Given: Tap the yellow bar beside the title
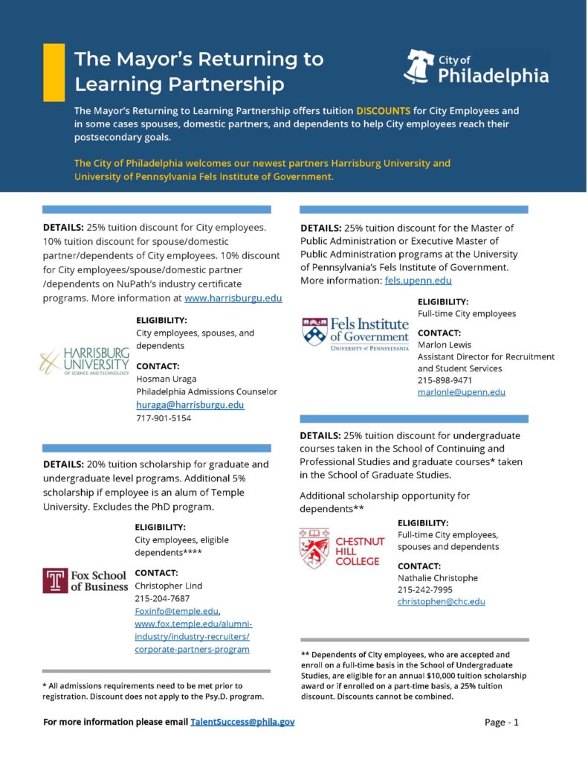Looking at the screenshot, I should (x=54, y=72).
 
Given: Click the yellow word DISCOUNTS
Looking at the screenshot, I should (x=383, y=110).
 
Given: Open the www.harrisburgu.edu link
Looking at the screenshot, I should (x=233, y=298).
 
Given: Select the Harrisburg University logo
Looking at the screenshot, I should (x=84, y=362).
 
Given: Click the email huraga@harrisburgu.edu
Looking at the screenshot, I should (x=190, y=405).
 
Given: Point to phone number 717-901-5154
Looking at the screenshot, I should (x=164, y=418).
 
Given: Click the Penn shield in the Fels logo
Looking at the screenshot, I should (x=314, y=332).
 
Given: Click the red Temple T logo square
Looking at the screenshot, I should (x=54, y=580).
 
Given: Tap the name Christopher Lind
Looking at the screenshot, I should (x=167, y=586).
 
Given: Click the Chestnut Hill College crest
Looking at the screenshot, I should (x=313, y=548).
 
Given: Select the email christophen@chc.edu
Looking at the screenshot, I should (x=441, y=601).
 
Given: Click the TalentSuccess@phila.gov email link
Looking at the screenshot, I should (x=242, y=722).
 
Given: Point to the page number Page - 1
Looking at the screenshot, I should (x=501, y=722).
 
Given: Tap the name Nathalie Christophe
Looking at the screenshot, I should (x=437, y=578).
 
